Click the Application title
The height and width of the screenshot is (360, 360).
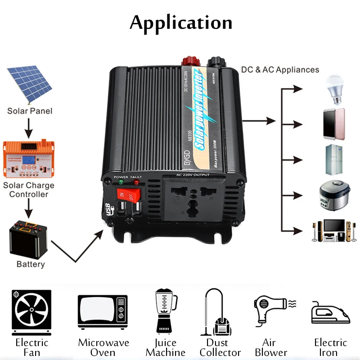[x=181, y=22]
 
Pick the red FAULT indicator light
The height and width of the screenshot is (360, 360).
[x=135, y=184]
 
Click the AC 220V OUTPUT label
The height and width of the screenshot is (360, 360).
[x=193, y=175]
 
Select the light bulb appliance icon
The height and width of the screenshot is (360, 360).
[x=333, y=89]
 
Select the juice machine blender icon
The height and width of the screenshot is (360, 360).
[x=166, y=310]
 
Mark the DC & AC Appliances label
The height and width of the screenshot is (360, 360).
[x=280, y=70]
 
